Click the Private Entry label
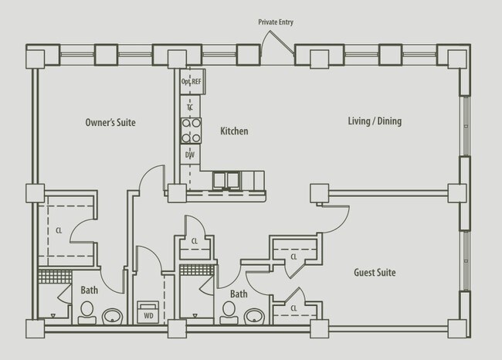pyautogui.click(x=276, y=23)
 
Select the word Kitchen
pyautogui.click(x=234, y=131)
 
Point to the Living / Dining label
pyautogui.click(x=375, y=121)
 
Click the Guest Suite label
pyautogui.click(x=375, y=273)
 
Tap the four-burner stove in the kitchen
pyautogui.click(x=190, y=130)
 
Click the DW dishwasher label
pyautogui.click(x=189, y=155)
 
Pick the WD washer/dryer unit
pyautogui.click(x=147, y=313)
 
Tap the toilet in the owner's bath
pyautogui.click(x=86, y=311)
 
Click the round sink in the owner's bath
pyautogui.click(x=114, y=314)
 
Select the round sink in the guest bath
pyautogui.click(x=255, y=315)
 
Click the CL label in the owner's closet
pyautogui.click(x=59, y=229)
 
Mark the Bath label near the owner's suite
pyautogui.click(x=90, y=290)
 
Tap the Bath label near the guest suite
pyautogui.click(x=239, y=294)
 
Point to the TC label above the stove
pyautogui.click(x=189, y=107)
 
